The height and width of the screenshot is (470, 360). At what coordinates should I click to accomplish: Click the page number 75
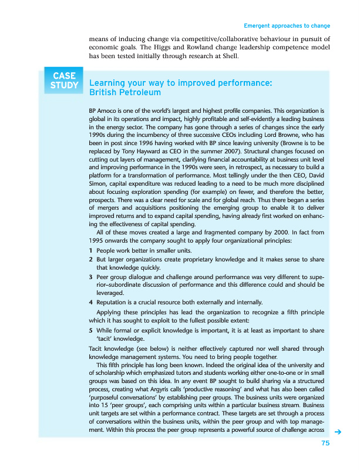(x=325, y=443)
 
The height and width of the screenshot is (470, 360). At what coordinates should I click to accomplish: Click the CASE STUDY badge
(x=63, y=81)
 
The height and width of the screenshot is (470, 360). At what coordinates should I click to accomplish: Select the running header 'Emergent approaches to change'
(x=287, y=26)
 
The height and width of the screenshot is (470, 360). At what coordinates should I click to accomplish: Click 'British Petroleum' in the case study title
(x=125, y=93)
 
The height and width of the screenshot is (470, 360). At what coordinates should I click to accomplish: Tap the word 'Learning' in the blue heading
(x=107, y=83)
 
